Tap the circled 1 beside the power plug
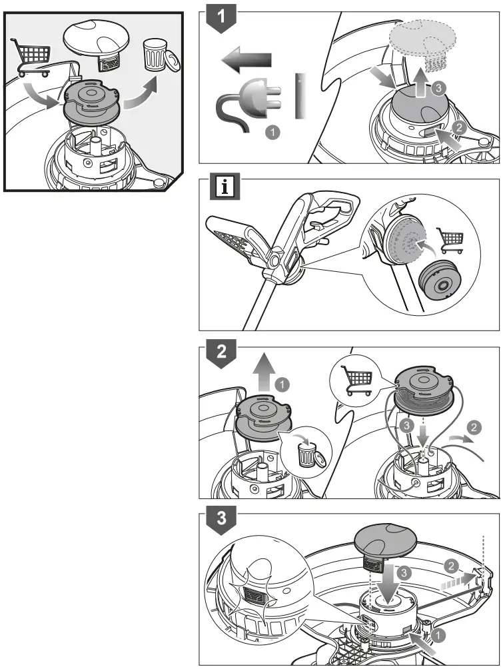click(271, 133)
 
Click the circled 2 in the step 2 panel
click(474, 426)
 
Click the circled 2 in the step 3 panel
click(452, 566)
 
